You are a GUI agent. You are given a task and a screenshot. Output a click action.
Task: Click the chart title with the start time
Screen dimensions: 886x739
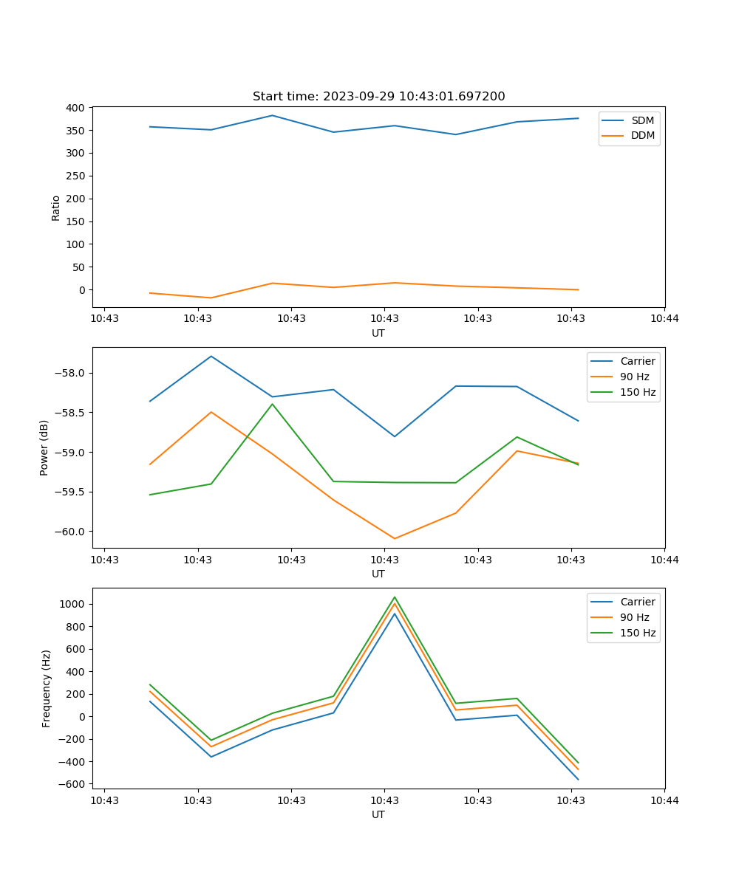tap(378, 97)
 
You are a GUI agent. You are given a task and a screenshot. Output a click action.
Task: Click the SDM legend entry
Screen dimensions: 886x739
tap(642, 120)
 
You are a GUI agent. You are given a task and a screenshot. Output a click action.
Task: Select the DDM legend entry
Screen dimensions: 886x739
tap(643, 136)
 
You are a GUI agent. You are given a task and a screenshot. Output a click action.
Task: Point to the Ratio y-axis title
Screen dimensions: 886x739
tap(56, 207)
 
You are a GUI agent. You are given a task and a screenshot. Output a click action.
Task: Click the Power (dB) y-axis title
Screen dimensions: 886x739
tap(44, 447)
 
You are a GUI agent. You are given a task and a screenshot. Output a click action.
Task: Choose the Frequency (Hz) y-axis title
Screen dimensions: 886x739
tap(47, 688)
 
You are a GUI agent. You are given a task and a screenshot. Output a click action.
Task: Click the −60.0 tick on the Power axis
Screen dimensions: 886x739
tap(69, 532)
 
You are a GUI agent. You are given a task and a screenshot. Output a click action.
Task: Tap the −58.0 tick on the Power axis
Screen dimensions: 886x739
tap(69, 373)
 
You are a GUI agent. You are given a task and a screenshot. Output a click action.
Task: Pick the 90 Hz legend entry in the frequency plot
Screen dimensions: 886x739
tap(635, 617)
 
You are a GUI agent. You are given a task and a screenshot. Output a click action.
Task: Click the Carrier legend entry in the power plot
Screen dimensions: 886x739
tap(638, 361)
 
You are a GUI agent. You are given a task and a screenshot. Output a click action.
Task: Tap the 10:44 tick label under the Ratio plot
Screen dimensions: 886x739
tap(664, 319)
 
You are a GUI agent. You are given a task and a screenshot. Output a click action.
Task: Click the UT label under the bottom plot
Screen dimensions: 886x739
tap(378, 814)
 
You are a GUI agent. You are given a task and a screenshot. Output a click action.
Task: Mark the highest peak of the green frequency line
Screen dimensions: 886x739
tap(395, 597)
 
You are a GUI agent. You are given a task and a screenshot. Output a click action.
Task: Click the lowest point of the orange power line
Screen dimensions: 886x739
tap(395, 538)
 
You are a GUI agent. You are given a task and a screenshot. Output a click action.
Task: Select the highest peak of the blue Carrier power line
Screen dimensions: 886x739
tap(211, 356)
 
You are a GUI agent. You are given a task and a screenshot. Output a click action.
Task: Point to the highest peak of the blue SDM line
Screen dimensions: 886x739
tap(272, 115)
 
